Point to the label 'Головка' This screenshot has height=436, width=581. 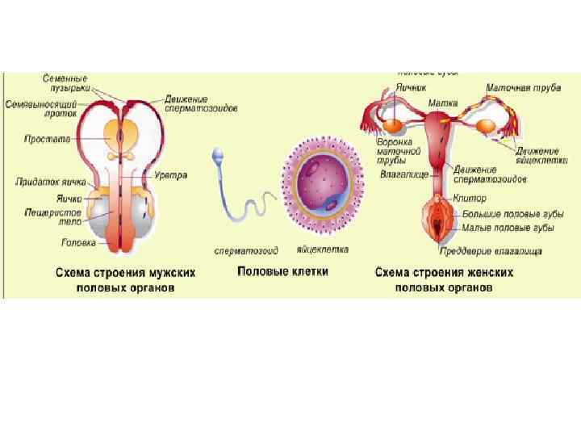click(x=79, y=242)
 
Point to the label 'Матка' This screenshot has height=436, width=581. click(x=443, y=103)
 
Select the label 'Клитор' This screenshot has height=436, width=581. click(x=471, y=199)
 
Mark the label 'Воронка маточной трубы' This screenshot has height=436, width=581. click(x=399, y=150)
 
